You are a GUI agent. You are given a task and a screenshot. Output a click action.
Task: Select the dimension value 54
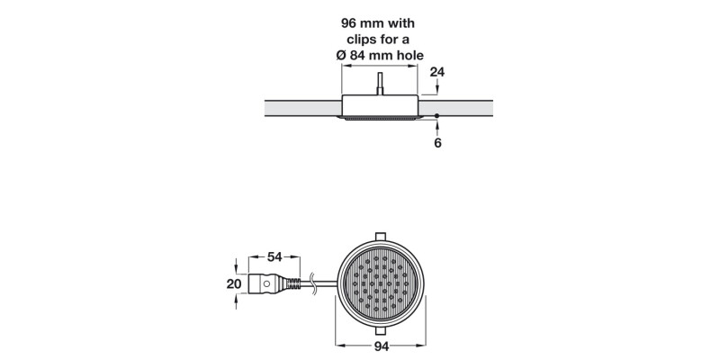pos(274,256)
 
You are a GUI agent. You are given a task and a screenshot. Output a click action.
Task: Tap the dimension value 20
pos(234,283)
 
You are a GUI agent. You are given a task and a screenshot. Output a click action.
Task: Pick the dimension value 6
pos(436,142)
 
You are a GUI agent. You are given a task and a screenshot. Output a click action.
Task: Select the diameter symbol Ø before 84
pos(340,57)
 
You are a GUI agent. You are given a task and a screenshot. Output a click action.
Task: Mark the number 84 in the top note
pos(360,57)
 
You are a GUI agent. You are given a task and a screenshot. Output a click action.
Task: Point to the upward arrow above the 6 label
pos(436,126)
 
